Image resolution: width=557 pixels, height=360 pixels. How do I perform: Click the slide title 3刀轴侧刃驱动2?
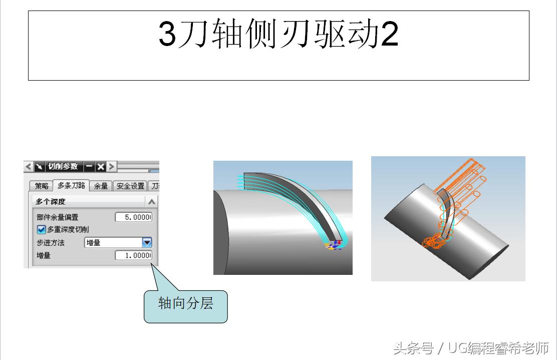click(x=278, y=34)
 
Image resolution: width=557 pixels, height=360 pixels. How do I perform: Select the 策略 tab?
click(x=41, y=186)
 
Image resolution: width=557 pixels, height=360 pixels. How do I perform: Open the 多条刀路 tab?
click(x=71, y=185)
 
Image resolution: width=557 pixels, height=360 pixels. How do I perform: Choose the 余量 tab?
click(x=101, y=186)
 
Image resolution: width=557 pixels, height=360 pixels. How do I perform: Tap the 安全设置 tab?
click(x=130, y=186)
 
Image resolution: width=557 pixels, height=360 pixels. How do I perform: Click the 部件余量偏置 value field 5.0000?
click(x=134, y=217)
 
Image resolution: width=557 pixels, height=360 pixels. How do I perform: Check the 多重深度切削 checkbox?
click(x=41, y=229)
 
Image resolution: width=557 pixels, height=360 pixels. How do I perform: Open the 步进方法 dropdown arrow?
click(x=147, y=242)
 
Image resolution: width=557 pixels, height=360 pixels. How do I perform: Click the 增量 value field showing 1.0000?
click(x=134, y=255)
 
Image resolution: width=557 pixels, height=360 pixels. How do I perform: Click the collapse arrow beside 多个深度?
click(x=152, y=202)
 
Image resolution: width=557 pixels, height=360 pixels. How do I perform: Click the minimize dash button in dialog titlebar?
click(x=89, y=166)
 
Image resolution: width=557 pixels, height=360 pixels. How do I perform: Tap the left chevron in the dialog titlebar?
click(x=29, y=166)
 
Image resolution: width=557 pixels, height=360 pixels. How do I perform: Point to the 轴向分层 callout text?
click(x=185, y=303)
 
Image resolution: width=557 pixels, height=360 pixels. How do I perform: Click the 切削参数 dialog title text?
click(x=63, y=166)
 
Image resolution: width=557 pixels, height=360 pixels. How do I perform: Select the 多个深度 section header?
click(x=51, y=202)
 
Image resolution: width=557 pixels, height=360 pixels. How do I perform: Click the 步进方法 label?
click(x=51, y=243)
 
